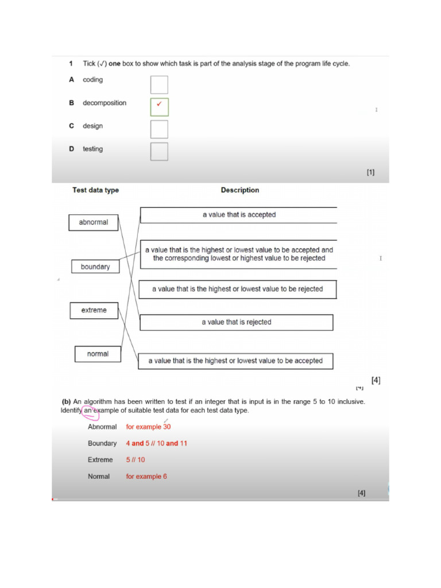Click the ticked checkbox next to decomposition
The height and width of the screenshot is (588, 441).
tap(159, 107)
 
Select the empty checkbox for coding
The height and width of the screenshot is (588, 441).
tap(159, 84)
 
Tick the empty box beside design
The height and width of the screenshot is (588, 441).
tap(159, 129)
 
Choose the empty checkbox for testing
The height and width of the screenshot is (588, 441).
tap(159, 152)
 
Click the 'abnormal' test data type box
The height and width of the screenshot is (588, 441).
tap(94, 222)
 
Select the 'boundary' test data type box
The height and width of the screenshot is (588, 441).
tap(95, 267)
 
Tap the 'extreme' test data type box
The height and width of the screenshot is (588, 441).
tap(94, 310)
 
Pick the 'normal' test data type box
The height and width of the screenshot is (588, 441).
tap(98, 354)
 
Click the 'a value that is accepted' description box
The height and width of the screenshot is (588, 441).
tap(238, 215)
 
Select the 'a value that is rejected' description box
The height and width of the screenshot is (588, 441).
tap(236, 322)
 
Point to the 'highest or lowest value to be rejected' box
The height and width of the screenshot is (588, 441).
tap(237, 289)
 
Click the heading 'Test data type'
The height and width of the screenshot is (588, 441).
tap(95, 190)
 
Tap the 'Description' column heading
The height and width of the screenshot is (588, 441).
tap(240, 190)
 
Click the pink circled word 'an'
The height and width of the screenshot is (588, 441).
tap(88, 411)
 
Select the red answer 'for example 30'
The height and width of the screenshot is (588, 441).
tap(148, 427)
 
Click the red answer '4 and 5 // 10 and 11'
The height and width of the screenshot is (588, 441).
tap(157, 443)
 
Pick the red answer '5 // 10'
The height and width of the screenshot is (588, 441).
tap(136, 460)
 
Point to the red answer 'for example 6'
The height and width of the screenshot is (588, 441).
tap(146, 477)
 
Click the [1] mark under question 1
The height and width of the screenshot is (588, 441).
tap(370, 172)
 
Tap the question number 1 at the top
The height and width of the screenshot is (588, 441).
tap(71, 64)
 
